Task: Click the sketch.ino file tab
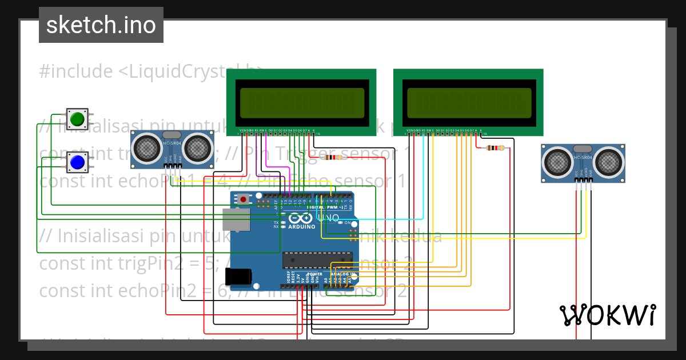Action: tap(101, 25)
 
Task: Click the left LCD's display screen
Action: tap(302, 103)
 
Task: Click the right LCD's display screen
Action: tap(469, 103)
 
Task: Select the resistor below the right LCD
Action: tap(495, 149)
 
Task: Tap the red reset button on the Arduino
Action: tap(244, 199)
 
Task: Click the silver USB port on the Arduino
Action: tap(237, 219)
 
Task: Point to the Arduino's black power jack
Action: tap(238, 276)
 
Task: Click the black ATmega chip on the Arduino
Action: tap(309, 260)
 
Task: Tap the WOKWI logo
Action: tap(607, 315)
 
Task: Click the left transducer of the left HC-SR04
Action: tap(146, 148)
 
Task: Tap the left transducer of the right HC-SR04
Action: tap(557, 162)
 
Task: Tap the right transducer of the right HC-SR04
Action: tap(609, 162)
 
